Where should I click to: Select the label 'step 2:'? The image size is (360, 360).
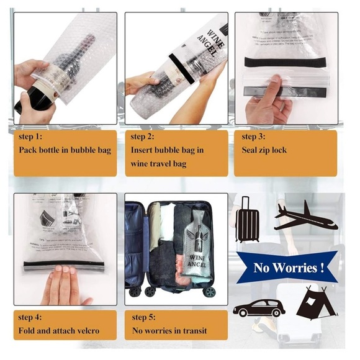point(145,137)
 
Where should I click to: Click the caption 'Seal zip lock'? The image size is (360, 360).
point(264,150)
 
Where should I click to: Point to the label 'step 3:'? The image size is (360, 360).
point(256,137)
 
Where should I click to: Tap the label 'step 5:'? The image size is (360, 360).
point(147,317)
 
